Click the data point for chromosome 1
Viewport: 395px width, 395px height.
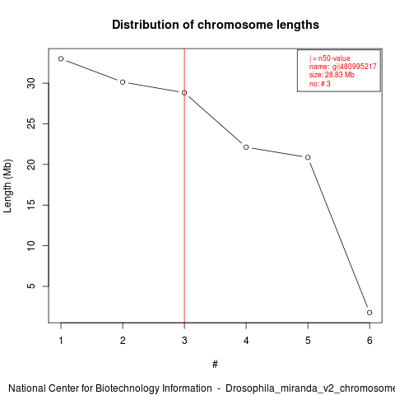61,58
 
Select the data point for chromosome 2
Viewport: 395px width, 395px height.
123,82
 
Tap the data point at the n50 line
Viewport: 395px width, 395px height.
184,93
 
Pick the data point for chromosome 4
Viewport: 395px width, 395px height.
246,147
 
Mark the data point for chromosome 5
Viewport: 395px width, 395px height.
308,157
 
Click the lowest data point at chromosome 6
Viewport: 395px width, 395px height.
369,313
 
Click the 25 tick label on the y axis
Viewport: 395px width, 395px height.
31,123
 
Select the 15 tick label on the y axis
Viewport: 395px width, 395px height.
31,205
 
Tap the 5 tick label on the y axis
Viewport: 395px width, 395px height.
31,286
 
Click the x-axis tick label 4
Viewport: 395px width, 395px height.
246,341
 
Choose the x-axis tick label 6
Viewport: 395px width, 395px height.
369,341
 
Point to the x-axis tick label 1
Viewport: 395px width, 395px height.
61,341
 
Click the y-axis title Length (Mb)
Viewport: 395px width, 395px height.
7,186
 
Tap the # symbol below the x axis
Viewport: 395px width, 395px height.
215,364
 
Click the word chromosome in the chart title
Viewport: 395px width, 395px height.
235,25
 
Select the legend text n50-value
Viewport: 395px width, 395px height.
334,58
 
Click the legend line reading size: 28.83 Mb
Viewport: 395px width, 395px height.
332,75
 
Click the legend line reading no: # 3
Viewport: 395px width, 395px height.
320,83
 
